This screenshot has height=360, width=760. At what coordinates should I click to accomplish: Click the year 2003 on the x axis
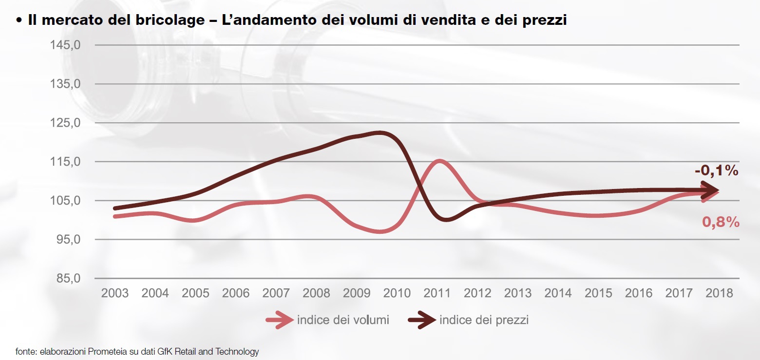point(114,293)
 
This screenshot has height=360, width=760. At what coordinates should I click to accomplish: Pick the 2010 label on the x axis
point(397,293)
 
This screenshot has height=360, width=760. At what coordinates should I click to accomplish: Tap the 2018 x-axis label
point(719,293)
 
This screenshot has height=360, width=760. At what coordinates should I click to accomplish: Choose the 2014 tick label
point(558,293)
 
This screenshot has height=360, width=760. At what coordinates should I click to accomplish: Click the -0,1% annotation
point(717,171)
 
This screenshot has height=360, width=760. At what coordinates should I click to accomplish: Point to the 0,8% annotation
point(721,222)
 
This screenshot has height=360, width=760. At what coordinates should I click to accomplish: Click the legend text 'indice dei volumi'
point(343,320)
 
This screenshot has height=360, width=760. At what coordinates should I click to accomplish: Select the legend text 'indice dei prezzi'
point(484,320)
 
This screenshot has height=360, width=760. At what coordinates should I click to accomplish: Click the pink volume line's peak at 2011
point(439,161)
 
